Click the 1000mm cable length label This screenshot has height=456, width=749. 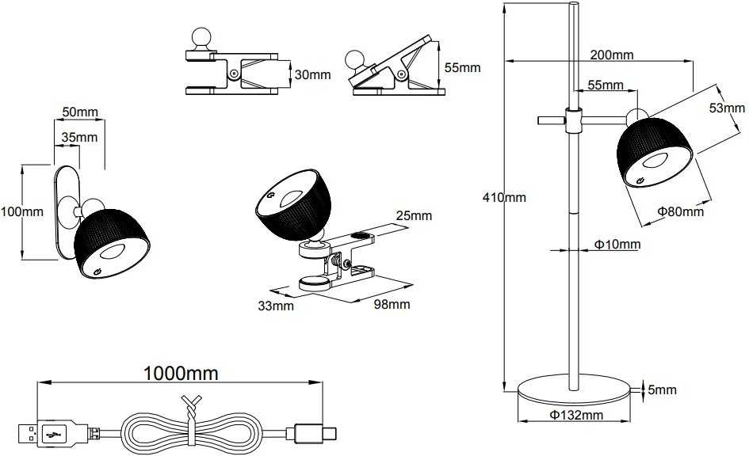181,373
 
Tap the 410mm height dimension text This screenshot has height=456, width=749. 504,197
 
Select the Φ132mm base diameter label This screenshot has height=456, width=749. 576,415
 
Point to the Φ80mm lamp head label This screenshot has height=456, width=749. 680,211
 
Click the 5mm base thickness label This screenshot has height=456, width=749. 662,389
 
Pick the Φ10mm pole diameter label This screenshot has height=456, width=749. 617,245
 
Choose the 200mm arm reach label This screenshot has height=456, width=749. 611,55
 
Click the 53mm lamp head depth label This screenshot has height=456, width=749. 727,108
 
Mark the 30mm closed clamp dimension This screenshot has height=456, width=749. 312,74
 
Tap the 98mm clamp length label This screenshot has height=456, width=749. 392,304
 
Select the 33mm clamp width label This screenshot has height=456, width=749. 276,306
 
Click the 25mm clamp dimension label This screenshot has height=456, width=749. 414,215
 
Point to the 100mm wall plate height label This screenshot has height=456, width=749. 21,211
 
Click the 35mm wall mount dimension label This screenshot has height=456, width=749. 79,138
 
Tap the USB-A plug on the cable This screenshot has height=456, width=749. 47,434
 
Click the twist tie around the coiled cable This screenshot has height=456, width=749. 192,420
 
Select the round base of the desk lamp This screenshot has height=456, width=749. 574,389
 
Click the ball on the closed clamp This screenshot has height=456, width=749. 201,37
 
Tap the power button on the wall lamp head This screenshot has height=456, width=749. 97,271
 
